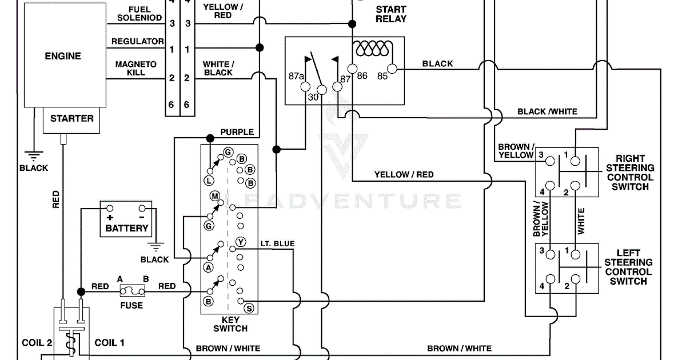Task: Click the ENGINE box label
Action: pyautogui.click(x=63, y=56)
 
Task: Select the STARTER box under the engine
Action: pyautogui.click(x=71, y=119)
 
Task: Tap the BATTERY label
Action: pyautogui.click(x=126, y=228)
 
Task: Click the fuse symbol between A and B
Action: pyautogui.click(x=132, y=291)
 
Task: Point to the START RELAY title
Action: pyautogui.click(x=391, y=14)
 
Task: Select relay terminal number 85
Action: pyautogui.click(x=382, y=75)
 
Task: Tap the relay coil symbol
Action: pyautogui.click(x=372, y=50)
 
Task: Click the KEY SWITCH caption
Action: pyautogui.click(x=230, y=324)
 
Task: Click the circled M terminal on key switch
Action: pyautogui.click(x=216, y=197)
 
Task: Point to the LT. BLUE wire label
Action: pyautogui.click(x=277, y=244)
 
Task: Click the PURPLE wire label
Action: pyautogui.click(x=237, y=132)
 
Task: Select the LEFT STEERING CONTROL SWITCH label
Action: pyautogui.click(x=628, y=267)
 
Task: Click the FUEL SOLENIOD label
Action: pyautogui.click(x=139, y=14)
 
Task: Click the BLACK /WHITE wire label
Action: pyautogui.click(x=547, y=111)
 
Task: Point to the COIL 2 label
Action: pyautogui.click(x=37, y=343)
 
